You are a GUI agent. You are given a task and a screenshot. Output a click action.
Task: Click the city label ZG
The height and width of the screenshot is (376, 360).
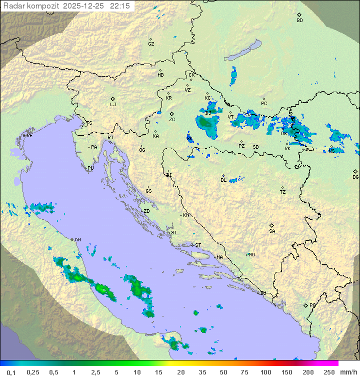pos(172,120)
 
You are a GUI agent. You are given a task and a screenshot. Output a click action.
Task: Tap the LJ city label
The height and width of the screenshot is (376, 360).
pos(113,105)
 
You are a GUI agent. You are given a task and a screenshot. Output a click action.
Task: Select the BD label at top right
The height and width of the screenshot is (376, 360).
pos(299,21)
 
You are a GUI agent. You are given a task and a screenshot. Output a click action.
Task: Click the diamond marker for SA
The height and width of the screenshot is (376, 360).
pos(272,225)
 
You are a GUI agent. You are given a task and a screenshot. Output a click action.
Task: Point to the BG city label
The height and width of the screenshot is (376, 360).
pos(355,177)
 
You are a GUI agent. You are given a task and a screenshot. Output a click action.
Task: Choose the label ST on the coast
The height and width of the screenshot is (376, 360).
pos(198,245)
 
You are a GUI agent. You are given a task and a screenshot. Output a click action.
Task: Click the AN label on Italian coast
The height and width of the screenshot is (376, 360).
pos(77,240)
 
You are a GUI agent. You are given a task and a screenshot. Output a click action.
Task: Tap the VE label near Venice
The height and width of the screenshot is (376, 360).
pos(29,136)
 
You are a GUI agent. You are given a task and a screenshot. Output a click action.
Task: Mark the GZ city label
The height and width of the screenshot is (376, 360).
pos(151,44)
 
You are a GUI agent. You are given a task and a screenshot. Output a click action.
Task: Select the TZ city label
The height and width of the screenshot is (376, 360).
pos(283,192)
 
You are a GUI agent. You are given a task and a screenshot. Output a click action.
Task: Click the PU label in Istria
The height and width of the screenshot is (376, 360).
pos(90,168)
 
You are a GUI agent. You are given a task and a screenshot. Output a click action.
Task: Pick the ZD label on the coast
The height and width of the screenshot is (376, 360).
pos(146,211)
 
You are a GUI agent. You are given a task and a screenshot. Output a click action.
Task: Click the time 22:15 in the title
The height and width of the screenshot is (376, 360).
pos(121,6)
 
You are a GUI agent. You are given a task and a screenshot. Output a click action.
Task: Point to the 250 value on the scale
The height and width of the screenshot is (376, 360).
pos(329,372)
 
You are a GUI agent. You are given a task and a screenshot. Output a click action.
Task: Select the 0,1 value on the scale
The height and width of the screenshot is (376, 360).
pos(11,372)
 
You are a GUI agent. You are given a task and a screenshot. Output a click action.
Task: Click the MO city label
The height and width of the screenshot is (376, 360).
pos(251,255)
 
